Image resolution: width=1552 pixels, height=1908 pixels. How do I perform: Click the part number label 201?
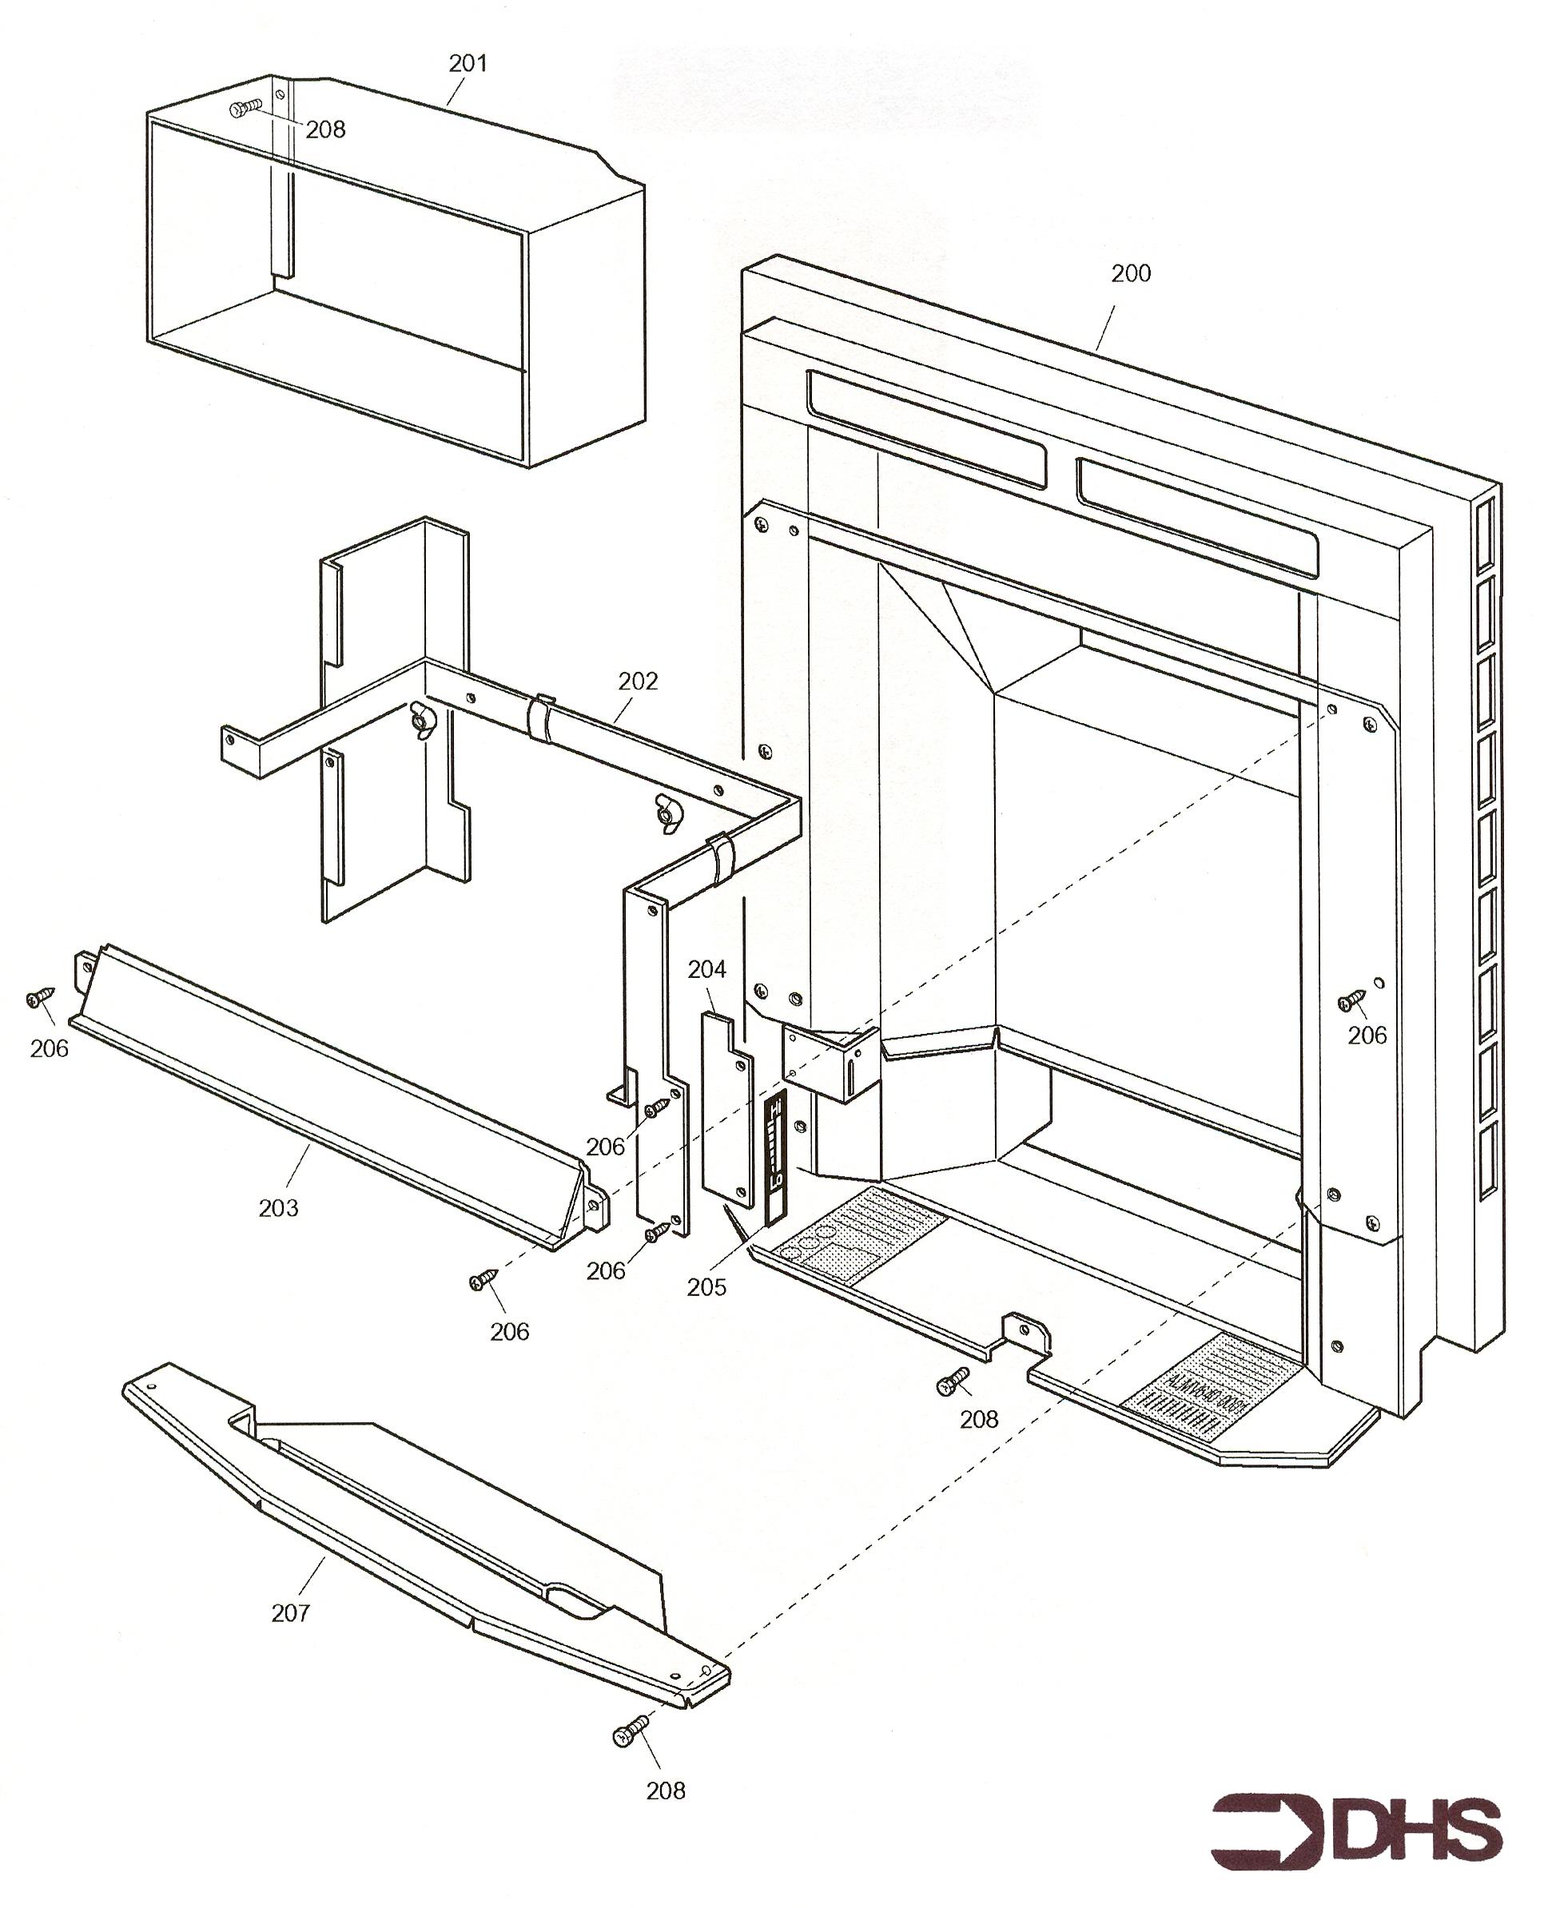(468, 63)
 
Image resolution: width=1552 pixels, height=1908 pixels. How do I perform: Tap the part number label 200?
(1131, 273)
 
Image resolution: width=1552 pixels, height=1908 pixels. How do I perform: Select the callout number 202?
(638, 681)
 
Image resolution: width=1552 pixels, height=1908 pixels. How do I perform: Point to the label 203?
(278, 1208)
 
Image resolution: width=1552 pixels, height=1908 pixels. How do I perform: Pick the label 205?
(706, 1287)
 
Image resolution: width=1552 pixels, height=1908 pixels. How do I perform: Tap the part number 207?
(291, 1613)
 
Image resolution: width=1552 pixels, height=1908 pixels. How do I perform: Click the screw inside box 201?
(242, 109)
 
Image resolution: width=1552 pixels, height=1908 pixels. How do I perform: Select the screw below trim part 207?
(631, 1737)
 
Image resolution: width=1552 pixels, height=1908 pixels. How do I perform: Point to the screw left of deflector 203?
(39, 997)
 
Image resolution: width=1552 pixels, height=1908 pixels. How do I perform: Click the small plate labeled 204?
(726, 1108)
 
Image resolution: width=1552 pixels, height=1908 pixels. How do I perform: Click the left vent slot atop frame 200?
(925, 429)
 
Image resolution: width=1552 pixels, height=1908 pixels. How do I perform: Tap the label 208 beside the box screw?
(325, 130)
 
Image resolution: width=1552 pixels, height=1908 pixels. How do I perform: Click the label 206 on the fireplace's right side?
(1367, 1035)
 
